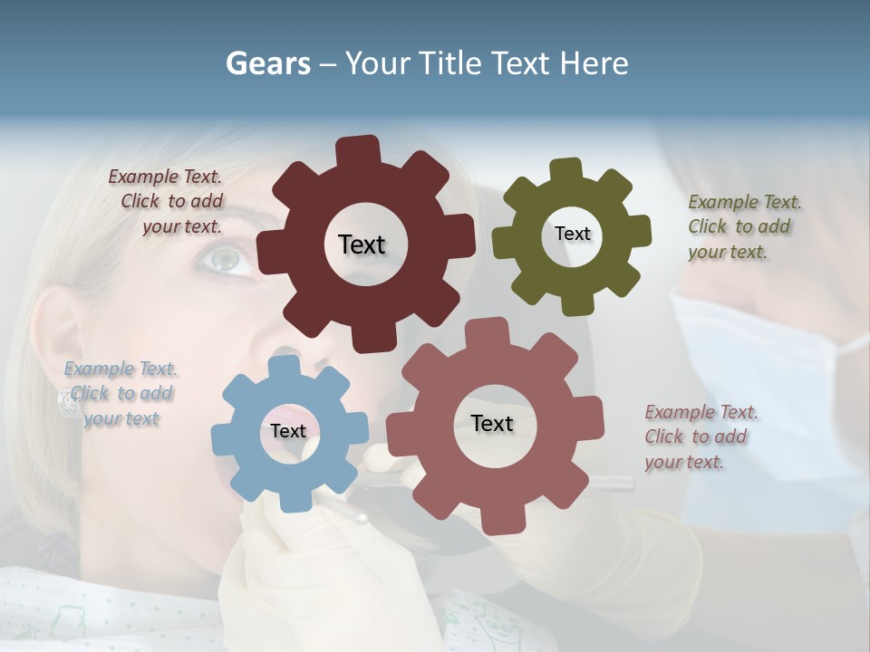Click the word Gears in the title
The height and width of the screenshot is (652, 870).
pyautogui.click(x=267, y=63)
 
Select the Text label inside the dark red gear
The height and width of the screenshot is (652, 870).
pyautogui.click(x=362, y=244)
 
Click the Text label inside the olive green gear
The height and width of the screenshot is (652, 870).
pyautogui.click(x=572, y=234)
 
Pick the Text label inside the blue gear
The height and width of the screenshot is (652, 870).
pyautogui.click(x=288, y=431)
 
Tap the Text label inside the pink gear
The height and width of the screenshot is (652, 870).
pyautogui.click(x=492, y=423)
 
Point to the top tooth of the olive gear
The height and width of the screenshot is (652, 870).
pyautogui.click(x=566, y=169)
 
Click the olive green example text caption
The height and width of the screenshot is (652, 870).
pyautogui.click(x=743, y=226)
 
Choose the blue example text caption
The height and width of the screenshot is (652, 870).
pyautogui.click(x=121, y=393)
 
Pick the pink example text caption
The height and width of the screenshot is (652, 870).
pyautogui.click(x=700, y=436)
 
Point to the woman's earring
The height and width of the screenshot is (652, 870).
pyautogui.click(x=67, y=402)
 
